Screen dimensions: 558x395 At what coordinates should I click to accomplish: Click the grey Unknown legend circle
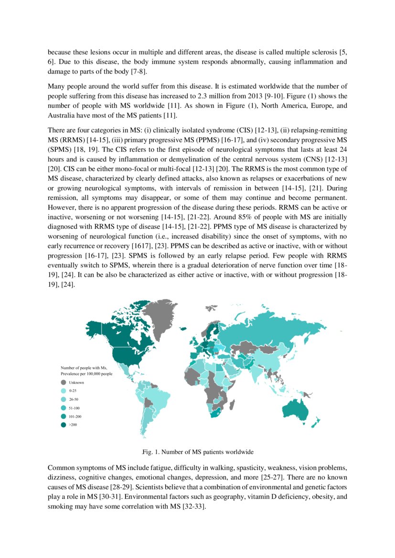(x=63, y=382)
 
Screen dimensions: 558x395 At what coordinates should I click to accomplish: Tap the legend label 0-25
(x=73, y=391)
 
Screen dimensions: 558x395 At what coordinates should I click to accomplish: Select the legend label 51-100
(x=75, y=408)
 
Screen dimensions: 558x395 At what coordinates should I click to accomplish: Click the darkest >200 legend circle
(x=63, y=425)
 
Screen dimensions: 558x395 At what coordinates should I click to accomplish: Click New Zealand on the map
(x=315, y=421)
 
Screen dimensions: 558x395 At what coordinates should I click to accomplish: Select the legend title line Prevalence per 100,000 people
(x=86, y=374)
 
